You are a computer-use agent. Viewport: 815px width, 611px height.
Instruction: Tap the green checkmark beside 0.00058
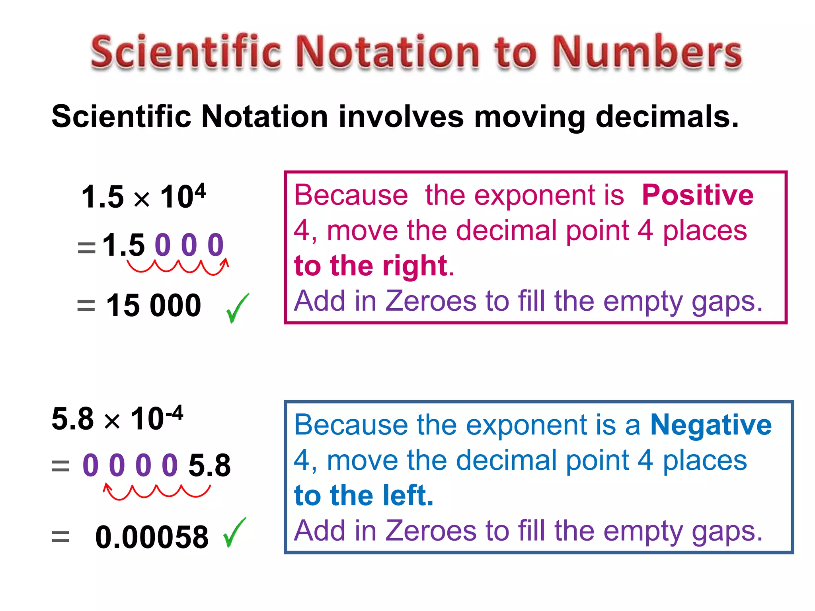(x=234, y=533)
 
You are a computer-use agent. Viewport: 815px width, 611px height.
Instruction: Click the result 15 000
(x=154, y=305)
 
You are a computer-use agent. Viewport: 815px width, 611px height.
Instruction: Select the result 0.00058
(x=152, y=537)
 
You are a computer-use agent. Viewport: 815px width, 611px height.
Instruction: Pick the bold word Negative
(x=711, y=425)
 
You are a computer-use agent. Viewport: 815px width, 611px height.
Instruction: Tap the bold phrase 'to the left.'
(x=364, y=496)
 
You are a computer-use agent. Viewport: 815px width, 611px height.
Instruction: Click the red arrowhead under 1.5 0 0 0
(x=226, y=262)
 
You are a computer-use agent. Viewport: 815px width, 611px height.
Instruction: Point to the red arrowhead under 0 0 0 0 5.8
(x=107, y=487)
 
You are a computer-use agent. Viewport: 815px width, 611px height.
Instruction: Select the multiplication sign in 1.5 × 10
(x=142, y=199)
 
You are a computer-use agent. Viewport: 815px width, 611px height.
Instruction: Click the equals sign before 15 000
(x=86, y=306)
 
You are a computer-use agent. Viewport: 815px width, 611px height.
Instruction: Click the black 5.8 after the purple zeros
(x=209, y=465)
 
